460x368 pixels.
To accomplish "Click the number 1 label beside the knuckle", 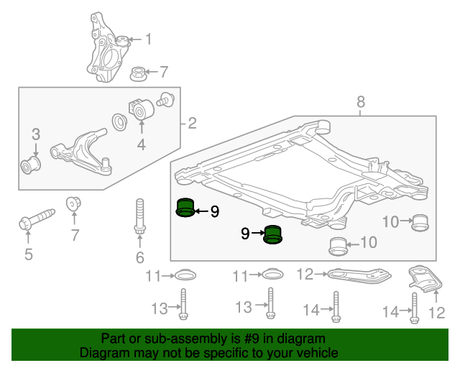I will click(149, 39).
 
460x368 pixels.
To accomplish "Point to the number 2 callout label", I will click(191, 124).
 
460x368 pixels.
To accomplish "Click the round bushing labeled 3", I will click(31, 162).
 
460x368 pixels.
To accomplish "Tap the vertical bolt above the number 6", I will click(139, 217).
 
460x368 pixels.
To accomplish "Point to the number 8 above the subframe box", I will click(362, 105).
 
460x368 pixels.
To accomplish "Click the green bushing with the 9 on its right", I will click(185, 207).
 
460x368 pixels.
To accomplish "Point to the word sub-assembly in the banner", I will click(189, 339).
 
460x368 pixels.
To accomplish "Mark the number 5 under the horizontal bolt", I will click(29, 253).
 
